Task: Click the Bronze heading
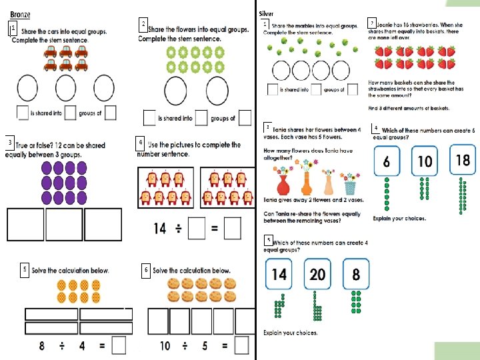pyautogui.click(x=20, y=14)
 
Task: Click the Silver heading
pyautogui.click(x=265, y=14)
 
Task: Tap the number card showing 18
pyautogui.click(x=463, y=160)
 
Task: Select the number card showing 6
pyautogui.click(x=387, y=161)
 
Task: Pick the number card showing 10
pyautogui.click(x=425, y=161)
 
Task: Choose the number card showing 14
pyautogui.click(x=279, y=275)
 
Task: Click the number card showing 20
pyautogui.click(x=318, y=275)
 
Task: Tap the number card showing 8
pyautogui.click(x=356, y=275)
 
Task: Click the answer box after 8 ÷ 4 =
pyautogui.click(x=119, y=345)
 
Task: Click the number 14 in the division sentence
pyautogui.click(x=160, y=229)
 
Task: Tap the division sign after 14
pyautogui.click(x=179, y=229)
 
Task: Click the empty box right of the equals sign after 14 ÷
pyautogui.click(x=232, y=229)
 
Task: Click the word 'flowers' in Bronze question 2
pyautogui.click(x=195, y=30)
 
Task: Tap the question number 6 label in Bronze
pyautogui.click(x=145, y=269)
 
